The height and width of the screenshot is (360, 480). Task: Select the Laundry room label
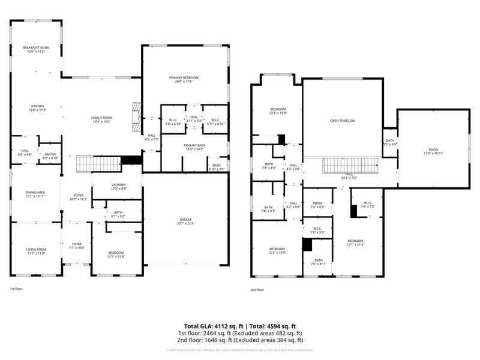(118, 186)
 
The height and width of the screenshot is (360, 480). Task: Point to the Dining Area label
(35, 194)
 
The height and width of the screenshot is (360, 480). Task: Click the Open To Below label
(343, 121)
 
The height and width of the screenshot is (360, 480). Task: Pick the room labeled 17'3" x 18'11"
(433, 151)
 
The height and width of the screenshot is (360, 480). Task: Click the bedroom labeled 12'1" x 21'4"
(355, 242)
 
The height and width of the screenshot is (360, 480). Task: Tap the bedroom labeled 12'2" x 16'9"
(277, 111)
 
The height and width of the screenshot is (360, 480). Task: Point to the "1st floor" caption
(16, 289)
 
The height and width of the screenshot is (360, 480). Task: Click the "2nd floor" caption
(257, 289)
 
